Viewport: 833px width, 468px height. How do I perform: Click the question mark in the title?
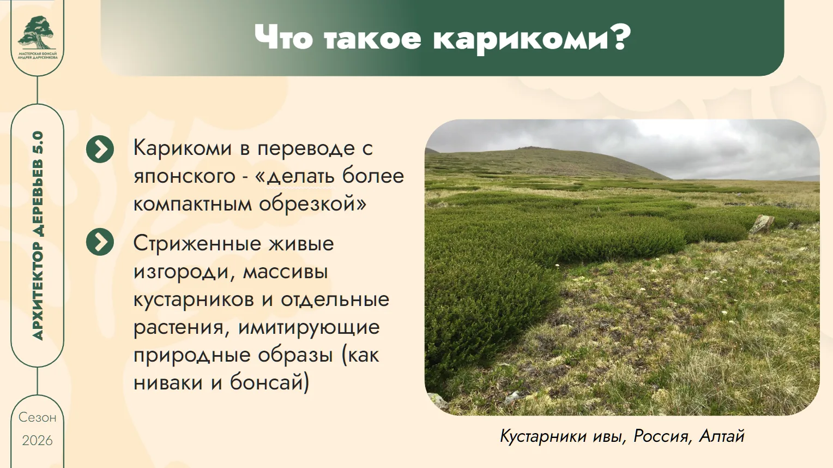[619, 37]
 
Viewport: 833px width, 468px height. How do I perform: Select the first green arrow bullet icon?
[100, 149]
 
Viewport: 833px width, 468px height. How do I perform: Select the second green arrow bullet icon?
[100, 242]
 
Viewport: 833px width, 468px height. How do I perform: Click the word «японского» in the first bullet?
[184, 177]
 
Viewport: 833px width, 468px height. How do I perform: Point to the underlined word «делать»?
[300, 176]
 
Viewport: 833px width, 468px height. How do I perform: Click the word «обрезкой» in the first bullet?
[307, 204]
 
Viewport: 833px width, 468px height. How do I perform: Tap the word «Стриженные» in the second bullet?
[197, 244]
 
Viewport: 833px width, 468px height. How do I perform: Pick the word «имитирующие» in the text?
[309, 328]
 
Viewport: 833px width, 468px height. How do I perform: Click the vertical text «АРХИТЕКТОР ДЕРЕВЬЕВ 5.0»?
[38, 236]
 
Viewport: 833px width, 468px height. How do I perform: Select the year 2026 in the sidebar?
[37, 441]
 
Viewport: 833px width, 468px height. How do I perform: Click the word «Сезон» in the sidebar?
[37, 417]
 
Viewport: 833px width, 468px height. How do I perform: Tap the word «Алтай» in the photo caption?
[722, 436]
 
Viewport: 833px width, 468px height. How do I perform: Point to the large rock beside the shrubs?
[762, 224]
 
